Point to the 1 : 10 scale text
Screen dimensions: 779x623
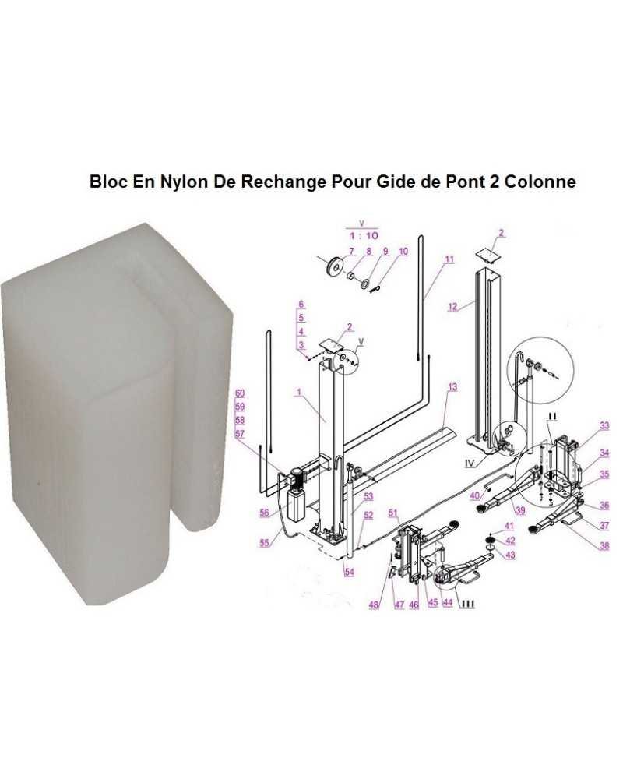pos(360,234)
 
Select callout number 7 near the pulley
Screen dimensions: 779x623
pos(350,250)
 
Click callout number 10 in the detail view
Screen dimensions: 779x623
pos(403,251)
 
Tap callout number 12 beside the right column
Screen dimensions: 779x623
pos(452,307)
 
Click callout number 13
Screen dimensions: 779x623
pos(452,387)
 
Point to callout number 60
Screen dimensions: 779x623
pos(240,393)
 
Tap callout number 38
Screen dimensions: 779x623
pos(604,546)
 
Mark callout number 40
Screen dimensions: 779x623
pos(473,495)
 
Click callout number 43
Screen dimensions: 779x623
pos(510,555)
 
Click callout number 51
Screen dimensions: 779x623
pos(393,512)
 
